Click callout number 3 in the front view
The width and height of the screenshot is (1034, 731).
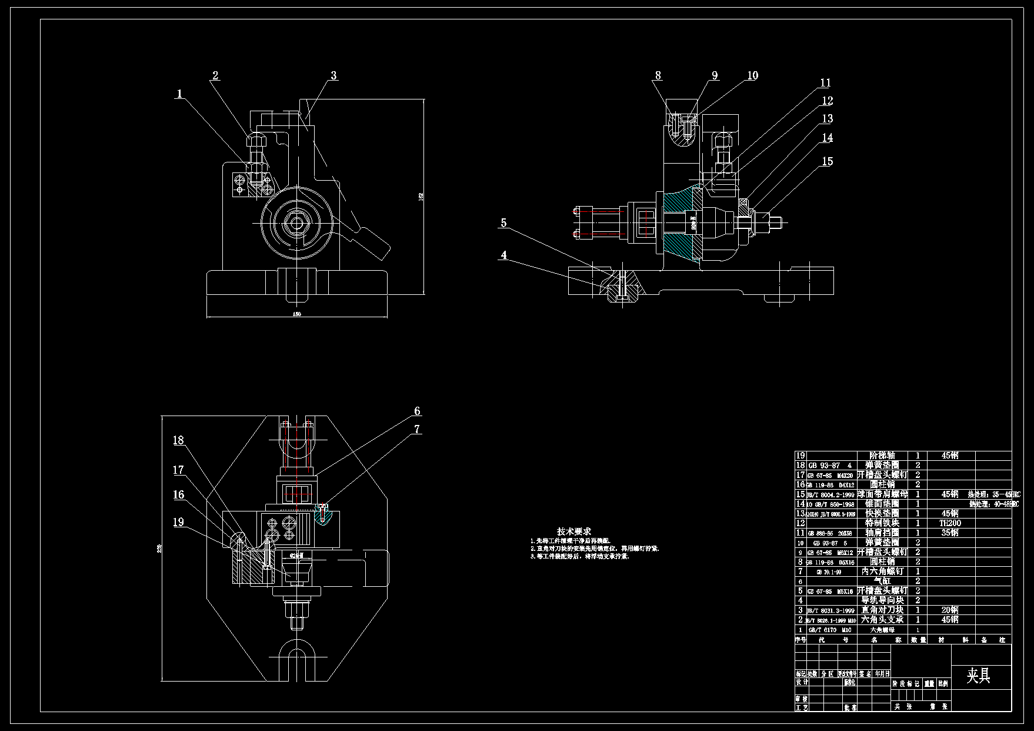pyautogui.click(x=333, y=75)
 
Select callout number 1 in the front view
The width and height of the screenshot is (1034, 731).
pyautogui.click(x=179, y=94)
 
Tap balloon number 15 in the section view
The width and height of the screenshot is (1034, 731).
pyautogui.click(x=828, y=161)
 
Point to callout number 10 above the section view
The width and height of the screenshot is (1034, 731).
pyautogui.click(x=752, y=75)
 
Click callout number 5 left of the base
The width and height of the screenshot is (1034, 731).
pyautogui.click(x=503, y=223)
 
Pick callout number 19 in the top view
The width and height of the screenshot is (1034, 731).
pyautogui.click(x=178, y=522)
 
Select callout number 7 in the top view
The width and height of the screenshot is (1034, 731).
pyautogui.click(x=417, y=429)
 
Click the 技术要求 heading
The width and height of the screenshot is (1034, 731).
pyautogui.click(x=574, y=531)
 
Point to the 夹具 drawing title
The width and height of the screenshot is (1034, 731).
pyautogui.click(x=979, y=676)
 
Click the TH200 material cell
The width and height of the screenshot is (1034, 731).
pyautogui.click(x=950, y=523)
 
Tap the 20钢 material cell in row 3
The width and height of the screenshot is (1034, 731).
pyautogui.click(x=950, y=610)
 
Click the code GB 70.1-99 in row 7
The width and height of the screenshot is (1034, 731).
pyautogui.click(x=829, y=571)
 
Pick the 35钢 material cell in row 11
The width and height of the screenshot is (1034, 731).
pyautogui.click(x=950, y=533)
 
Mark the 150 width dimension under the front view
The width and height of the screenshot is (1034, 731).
pyautogui.click(x=297, y=314)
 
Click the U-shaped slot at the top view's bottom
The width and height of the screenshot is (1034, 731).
pyautogui.click(x=297, y=656)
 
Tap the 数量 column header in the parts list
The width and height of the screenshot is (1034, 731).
pyautogui.click(x=918, y=640)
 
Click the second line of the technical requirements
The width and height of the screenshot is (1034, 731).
pyautogui.click(x=594, y=548)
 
